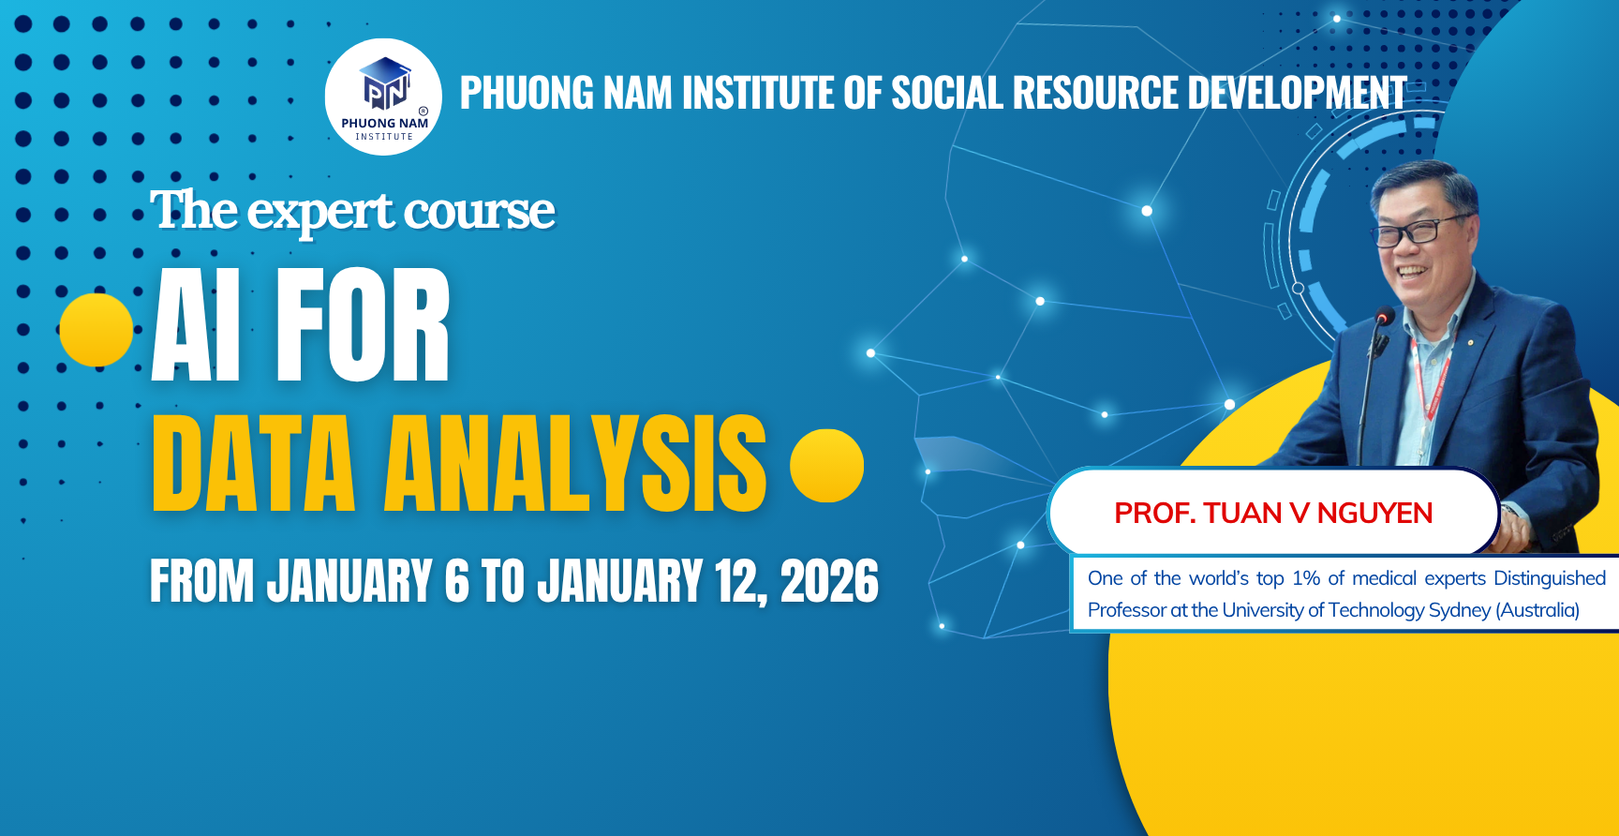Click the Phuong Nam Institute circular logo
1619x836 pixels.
tap(383, 97)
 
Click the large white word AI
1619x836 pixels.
tap(196, 324)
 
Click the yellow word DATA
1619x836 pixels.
tap(253, 463)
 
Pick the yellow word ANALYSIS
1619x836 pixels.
tap(575, 463)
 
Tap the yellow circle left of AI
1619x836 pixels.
tap(96, 330)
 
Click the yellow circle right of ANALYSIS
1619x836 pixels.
tap(826, 466)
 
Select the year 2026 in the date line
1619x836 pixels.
tap(829, 581)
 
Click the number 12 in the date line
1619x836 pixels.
tap(740, 582)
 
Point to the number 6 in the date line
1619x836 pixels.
tap(456, 581)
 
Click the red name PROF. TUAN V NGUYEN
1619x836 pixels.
tap(1273, 514)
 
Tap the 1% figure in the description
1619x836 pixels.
tap(1306, 578)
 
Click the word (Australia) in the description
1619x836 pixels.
tap(1537, 610)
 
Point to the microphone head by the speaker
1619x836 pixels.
tap(1384, 318)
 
